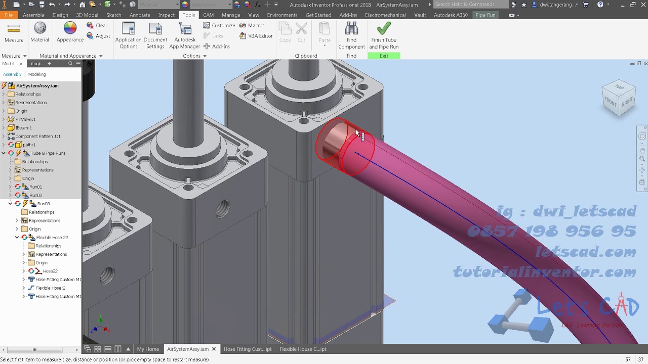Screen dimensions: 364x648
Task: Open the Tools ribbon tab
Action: (189, 15)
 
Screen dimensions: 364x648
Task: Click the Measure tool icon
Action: (14, 32)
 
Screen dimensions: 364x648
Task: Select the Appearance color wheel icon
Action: (70, 29)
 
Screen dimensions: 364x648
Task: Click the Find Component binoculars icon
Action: (351, 29)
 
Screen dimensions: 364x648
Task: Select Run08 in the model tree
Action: (44, 204)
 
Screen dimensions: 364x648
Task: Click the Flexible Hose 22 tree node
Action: (52, 237)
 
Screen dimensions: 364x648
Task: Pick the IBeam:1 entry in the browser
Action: (23, 128)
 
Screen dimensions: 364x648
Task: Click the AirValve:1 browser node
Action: (25, 119)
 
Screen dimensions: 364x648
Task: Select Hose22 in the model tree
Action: (50, 271)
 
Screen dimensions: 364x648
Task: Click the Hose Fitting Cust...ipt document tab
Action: (248, 349)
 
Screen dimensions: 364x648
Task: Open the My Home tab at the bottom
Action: (148, 349)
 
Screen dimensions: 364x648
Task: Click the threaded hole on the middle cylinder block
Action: (222, 208)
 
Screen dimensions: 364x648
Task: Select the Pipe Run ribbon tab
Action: (485, 15)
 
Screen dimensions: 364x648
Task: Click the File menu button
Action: (9, 15)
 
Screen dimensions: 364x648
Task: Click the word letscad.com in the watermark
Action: (586, 252)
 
